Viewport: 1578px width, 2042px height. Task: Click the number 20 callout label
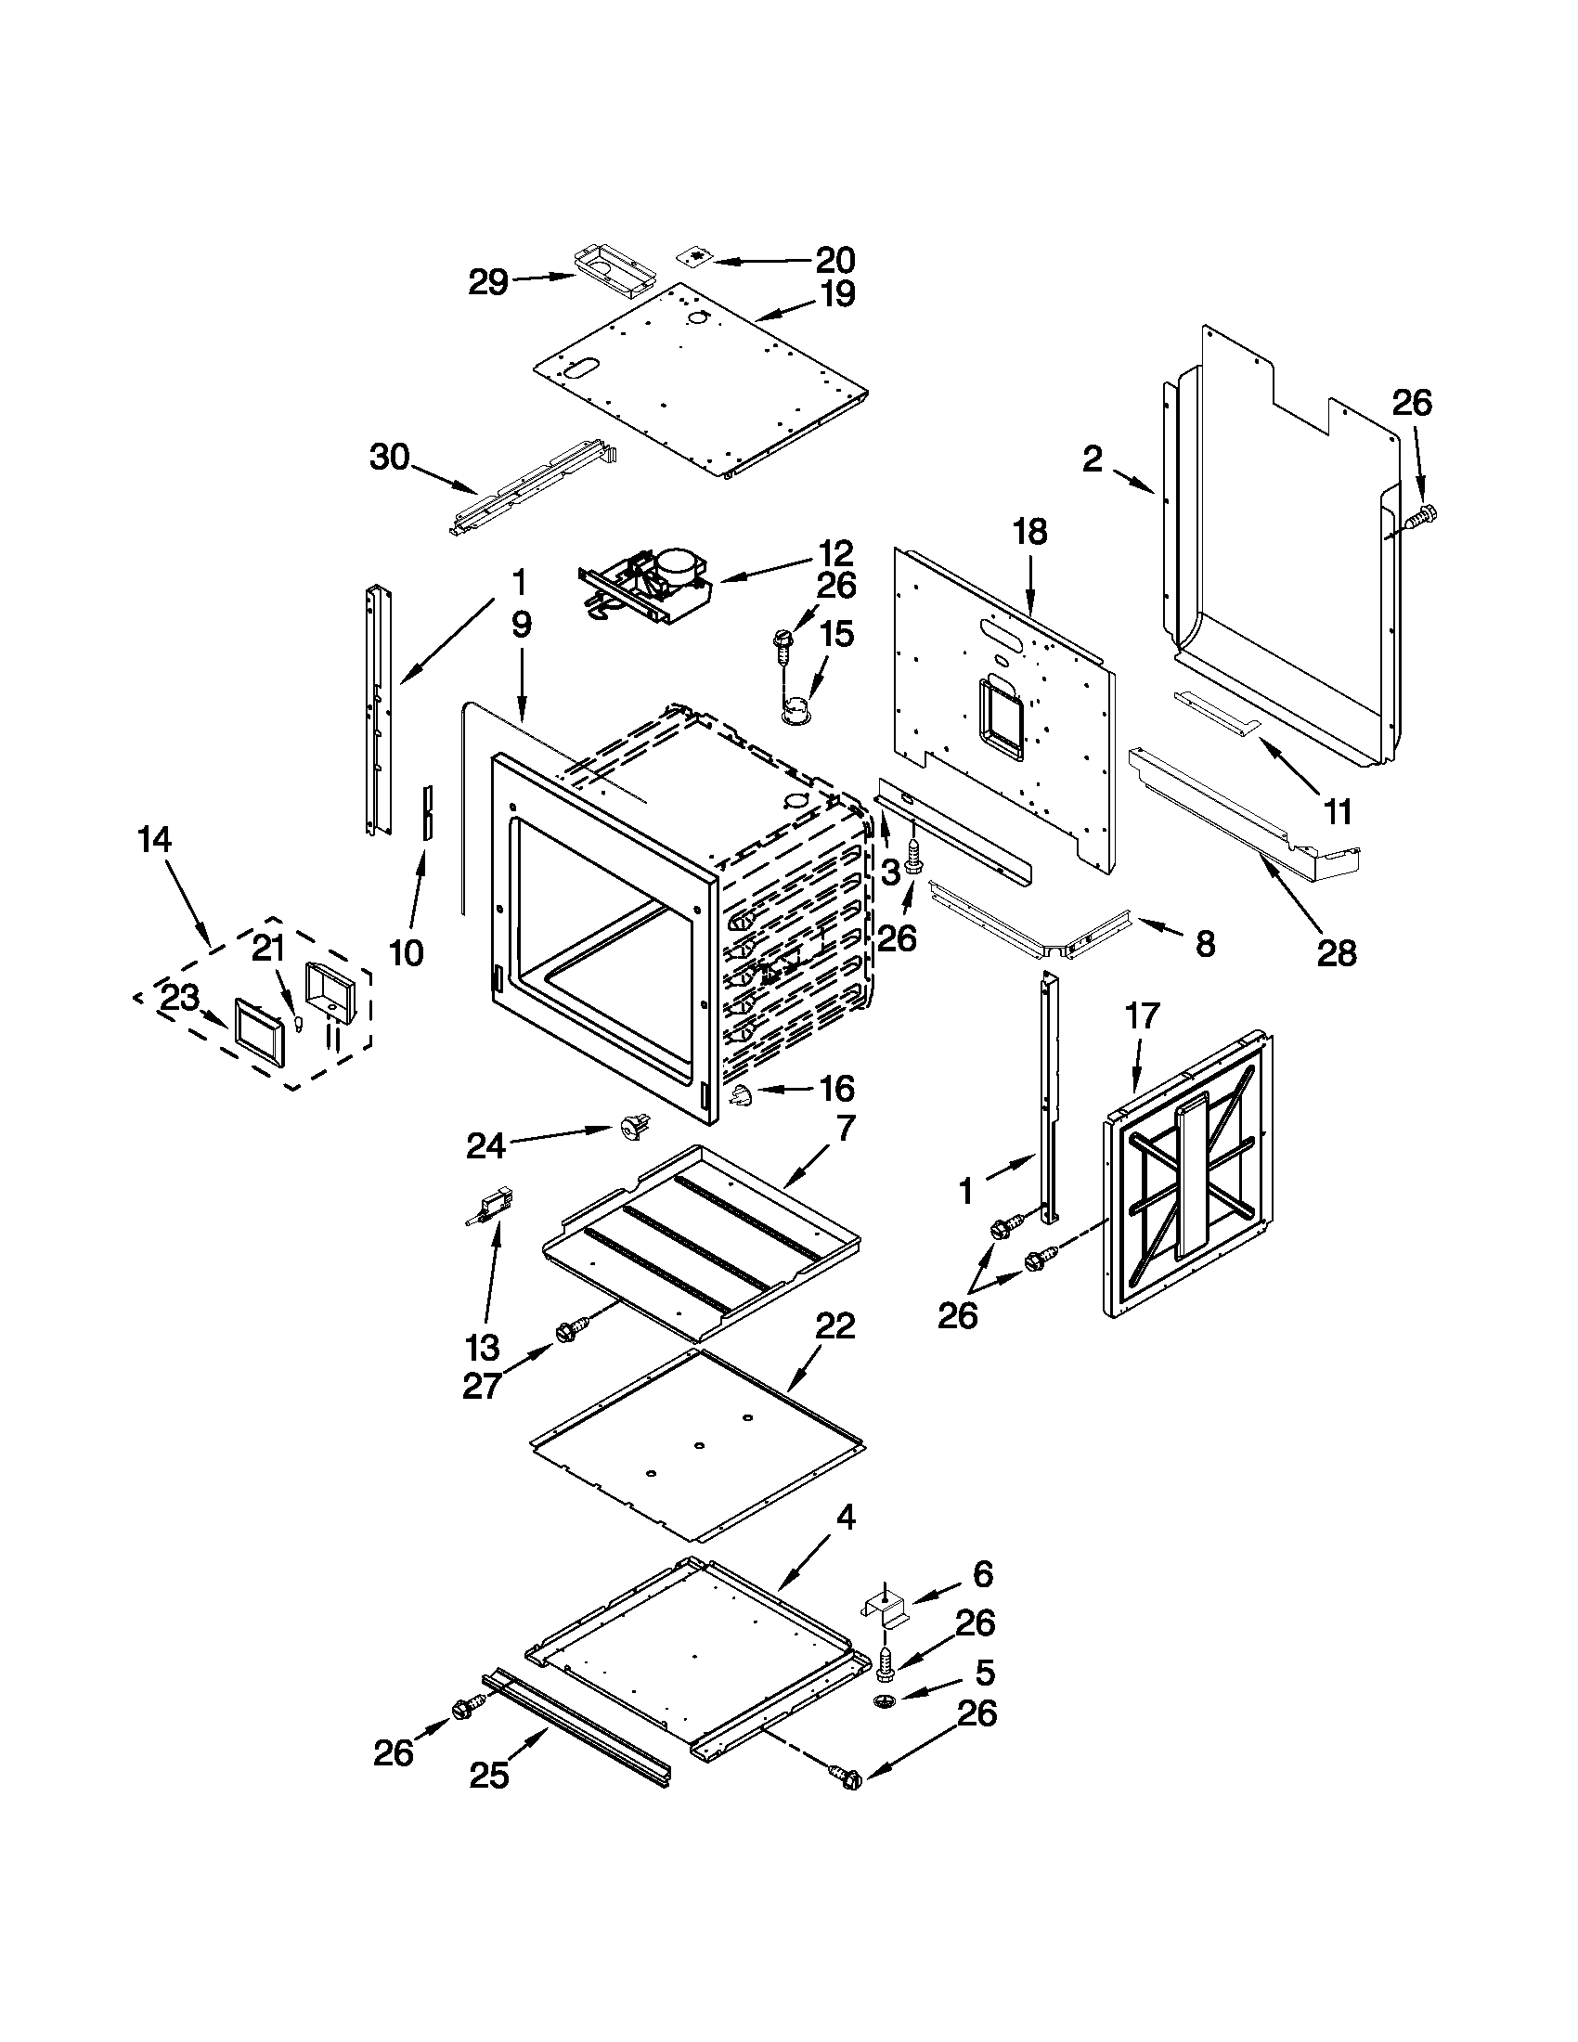tap(834, 259)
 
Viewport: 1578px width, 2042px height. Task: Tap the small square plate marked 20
tap(694, 256)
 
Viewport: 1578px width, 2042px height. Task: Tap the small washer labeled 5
tap(885, 1699)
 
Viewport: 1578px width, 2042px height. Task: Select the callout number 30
tap(390, 459)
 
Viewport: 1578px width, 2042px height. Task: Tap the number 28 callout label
tap(1336, 953)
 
